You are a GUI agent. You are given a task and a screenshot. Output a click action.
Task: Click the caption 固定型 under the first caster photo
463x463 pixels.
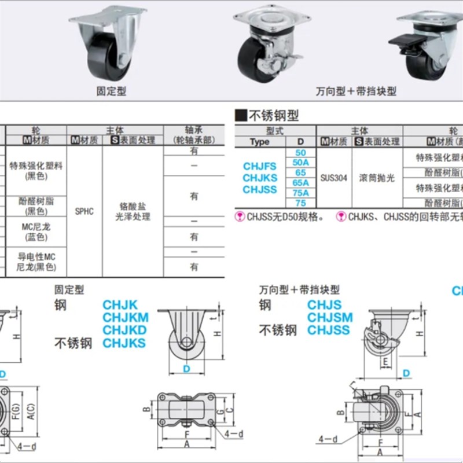pyautogui.click(x=111, y=91)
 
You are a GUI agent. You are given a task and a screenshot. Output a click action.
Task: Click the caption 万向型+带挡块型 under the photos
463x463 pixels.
pyautogui.click(x=356, y=91)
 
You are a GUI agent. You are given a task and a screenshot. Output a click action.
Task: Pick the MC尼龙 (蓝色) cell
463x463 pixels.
pyautogui.click(x=36, y=232)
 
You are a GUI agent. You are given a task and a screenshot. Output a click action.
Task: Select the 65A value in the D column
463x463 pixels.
pyautogui.click(x=300, y=182)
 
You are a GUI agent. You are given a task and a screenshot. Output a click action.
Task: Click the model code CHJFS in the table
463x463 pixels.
pyautogui.click(x=260, y=167)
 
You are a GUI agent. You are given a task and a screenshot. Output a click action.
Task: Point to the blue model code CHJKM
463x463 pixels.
pyautogui.click(x=126, y=317)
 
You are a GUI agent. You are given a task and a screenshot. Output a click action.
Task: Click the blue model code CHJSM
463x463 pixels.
pyautogui.click(x=330, y=317)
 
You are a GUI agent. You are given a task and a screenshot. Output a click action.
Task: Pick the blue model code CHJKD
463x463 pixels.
pyautogui.click(x=124, y=330)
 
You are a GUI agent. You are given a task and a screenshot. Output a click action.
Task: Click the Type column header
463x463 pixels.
pyautogui.click(x=260, y=142)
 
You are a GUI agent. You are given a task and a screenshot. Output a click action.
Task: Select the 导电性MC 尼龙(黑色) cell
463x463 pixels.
pyautogui.click(x=36, y=262)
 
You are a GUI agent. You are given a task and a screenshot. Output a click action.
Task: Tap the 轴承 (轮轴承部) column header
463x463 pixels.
pyautogui.click(x=194, y=135)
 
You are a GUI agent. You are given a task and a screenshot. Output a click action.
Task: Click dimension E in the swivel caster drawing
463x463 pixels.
pyautogui.click(x=385, y=363)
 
